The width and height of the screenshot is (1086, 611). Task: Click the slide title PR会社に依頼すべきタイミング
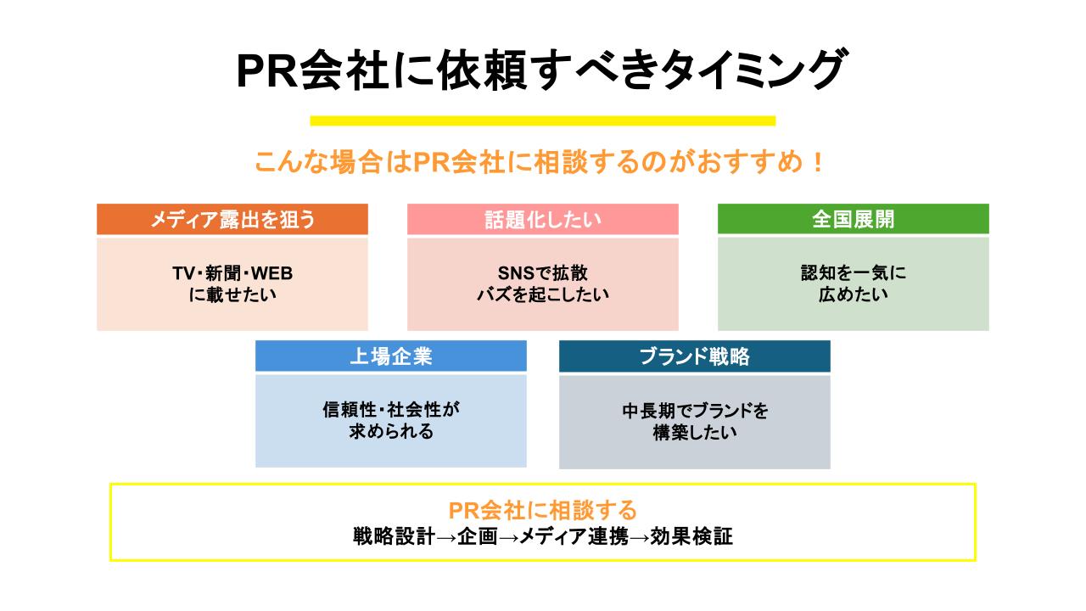click(x=541, y=70)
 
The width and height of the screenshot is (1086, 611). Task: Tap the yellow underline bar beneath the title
click(x=543, y=121)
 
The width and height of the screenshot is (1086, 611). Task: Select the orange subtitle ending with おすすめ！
click(x=540, y=162)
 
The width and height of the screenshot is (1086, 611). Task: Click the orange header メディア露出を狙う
click(x=232, y=220)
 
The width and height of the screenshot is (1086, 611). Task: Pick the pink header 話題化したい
click(x=543, y=220)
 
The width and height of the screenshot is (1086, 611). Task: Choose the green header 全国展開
click(x=853, y=220)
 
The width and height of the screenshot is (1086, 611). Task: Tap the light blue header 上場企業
click(x=391, y=356)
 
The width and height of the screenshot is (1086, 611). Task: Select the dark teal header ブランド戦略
click(x=694, y=356)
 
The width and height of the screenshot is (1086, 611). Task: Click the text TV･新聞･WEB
click(x=232, y=273)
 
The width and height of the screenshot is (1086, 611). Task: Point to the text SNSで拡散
click(x=543, y=273)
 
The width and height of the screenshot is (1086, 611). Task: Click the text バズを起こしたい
click(x=543, y=295)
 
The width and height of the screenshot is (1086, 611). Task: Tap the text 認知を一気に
click(x=853, y=273)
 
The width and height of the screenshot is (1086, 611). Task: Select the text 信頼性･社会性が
click(x=391, y=410)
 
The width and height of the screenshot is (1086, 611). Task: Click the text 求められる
click(x=391, y=432)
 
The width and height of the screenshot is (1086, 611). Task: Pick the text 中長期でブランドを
click(x=694, y=411)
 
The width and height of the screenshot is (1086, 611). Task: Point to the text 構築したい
click(x=694, y=433)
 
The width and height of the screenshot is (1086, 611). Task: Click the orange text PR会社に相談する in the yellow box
click(x=543, y=510)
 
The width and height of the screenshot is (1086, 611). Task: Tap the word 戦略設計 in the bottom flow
click(x=394, y=537)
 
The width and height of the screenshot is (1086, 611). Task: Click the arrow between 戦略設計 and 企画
click(x=445, y=538)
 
